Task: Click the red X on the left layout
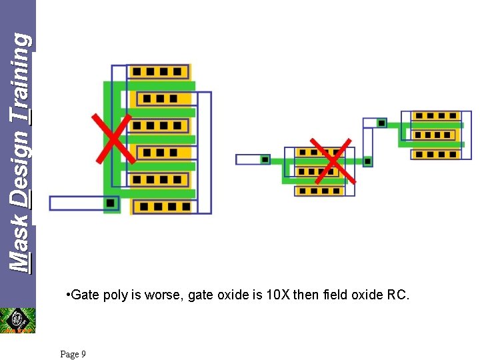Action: pyautogui.click(x=112, y=137)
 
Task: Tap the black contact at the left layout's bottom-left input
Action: pyautogui.click(x=111, y=202)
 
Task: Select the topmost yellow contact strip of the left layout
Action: pyautogui.click(x=158, y=72)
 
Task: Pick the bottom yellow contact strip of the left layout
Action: pyautogui.click(x=162, y=207)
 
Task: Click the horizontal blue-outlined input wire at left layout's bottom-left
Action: pyautogui.click(x=75, y=203)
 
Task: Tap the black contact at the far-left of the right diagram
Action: pyautogui.click(x=265, y=159)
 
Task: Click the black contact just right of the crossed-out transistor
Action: pyautogui.click(x=367, y=161)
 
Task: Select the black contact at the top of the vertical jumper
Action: pyautogui.click(x=381, y=123)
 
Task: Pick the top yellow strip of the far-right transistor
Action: pyautogui.click(x=436, y=116)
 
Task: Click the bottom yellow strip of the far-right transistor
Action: pyautogui.click(x=436, y=155)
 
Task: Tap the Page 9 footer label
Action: pyautogui.click(x=73, y=354)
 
